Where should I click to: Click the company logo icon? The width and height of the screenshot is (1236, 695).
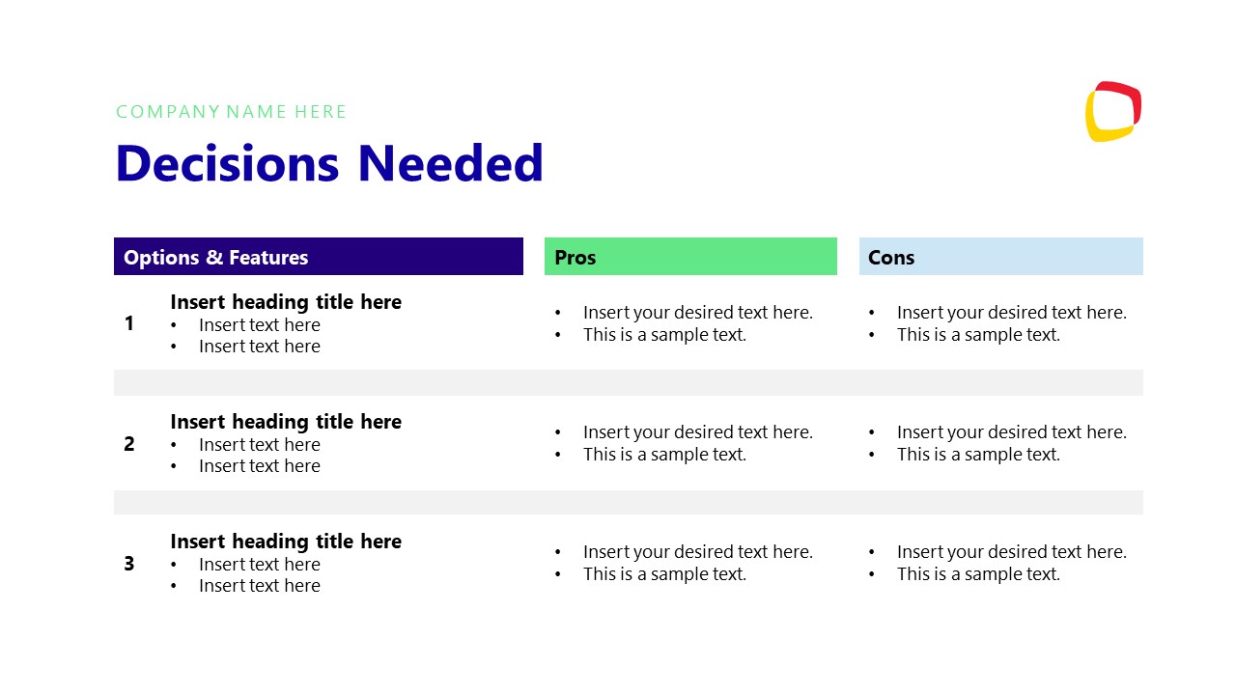[1112, 112]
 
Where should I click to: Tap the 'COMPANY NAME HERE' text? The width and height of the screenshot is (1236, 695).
[232, 112]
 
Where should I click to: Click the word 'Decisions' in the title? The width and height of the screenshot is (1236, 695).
[227, 163]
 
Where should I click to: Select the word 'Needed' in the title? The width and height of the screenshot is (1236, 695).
[450, 163]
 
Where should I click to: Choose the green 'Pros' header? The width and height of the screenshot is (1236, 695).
[689, 257]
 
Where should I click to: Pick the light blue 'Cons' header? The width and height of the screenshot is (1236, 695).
[1000, 257]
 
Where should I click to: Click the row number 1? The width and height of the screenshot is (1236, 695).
[129, 324]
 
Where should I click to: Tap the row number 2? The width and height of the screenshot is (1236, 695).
[129, 444]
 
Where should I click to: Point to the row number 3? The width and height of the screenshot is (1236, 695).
[129, 564]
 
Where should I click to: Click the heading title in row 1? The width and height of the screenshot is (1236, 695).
[286, 302]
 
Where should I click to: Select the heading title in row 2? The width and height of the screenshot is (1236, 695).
[286, 422]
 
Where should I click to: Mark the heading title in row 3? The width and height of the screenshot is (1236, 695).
[286, 542]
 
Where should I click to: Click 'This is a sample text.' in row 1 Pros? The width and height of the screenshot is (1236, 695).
[664, 335]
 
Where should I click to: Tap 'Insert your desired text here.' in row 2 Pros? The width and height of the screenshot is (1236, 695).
[697, 432]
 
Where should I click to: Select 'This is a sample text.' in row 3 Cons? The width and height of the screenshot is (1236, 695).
[978, 574]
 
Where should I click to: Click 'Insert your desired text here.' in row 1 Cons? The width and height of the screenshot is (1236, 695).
[1011, 313]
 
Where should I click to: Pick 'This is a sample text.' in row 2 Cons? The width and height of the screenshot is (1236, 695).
[978, 455]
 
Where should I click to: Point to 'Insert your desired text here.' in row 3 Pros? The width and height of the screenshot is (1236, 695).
[697, 552]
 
